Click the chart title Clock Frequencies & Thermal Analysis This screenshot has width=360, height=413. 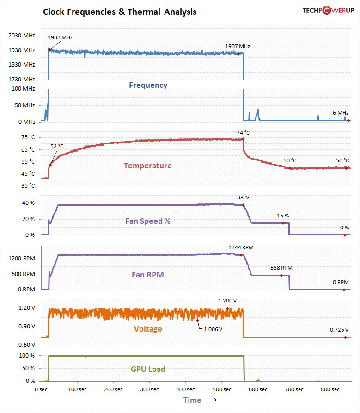120,12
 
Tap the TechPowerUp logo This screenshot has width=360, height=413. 328,10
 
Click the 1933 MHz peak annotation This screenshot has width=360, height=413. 60,37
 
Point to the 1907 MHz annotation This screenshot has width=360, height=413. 238,46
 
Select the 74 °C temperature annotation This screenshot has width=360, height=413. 243,133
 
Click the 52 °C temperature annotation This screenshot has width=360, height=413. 57,146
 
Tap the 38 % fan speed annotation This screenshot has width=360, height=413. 243,197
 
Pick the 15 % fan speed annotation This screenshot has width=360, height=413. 283,216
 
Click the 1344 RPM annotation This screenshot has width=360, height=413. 241,247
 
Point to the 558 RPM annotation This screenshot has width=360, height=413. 281,268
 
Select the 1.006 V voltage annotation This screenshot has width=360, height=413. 213,329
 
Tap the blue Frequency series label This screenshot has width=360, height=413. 148,85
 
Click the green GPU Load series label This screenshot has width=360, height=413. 148,369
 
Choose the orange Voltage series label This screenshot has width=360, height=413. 148,329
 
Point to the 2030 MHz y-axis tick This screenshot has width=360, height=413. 22,35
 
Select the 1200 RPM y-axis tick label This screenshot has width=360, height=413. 23,259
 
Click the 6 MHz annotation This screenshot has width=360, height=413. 341,113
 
